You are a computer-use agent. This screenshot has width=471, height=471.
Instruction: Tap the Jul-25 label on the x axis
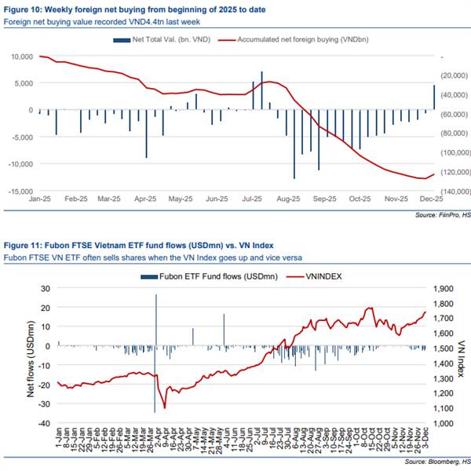[x=251, y=200]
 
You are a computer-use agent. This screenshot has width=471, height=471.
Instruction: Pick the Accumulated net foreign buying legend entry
[x=290, y=39]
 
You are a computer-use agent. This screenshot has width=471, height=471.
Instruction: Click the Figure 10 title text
[x=134, y=9]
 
